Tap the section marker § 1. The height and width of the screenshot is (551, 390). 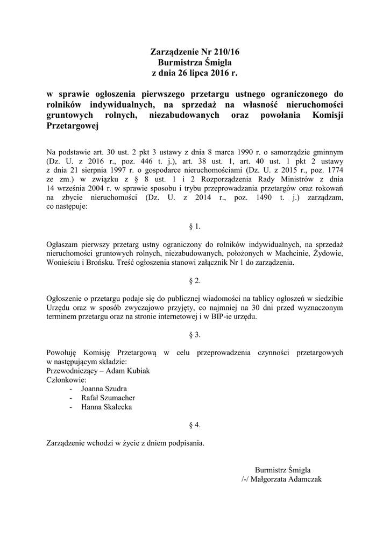[x=195, y=226]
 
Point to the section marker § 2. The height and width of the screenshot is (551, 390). [x=195, y=281]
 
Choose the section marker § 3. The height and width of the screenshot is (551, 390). [x=195, y=335]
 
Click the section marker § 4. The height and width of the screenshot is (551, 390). [x=195, y=425]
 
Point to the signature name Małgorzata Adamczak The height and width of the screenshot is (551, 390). [x=287, y=479]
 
